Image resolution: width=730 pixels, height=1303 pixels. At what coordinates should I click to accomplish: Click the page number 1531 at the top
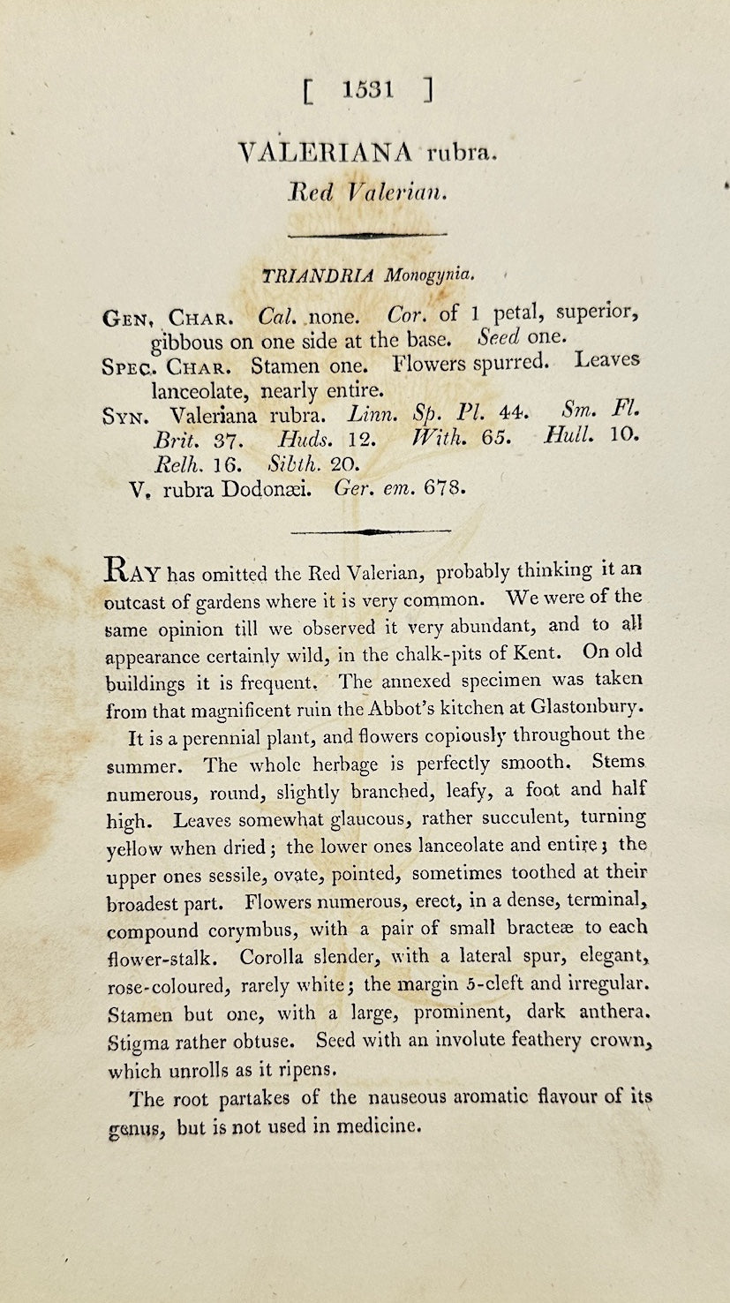(369, 89)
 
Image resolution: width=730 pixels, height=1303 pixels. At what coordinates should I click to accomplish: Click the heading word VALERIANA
(325, 153)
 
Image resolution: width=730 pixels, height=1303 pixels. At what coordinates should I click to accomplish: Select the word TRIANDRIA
(319, 275)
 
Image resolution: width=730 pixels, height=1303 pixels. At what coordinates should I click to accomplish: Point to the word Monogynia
(428, 275)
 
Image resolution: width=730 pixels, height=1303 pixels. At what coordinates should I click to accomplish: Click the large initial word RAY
(132, 571)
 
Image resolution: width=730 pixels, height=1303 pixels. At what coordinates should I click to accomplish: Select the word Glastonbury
(593, 707)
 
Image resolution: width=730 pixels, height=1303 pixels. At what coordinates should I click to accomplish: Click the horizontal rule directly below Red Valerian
(367, 235)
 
